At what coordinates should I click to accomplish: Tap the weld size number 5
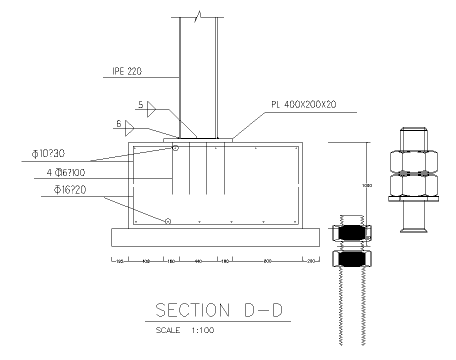[x=140, y=105]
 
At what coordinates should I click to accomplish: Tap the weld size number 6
[x=118, y=123]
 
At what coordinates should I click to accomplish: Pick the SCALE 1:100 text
[x=185, y=330]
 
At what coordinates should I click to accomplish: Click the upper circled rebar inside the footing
[x=175, y=148]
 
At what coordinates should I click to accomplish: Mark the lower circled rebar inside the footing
[x=168, y=221]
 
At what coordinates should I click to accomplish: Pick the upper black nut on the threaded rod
[x=351, y=233]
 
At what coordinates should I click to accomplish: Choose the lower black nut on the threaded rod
[x=351, y=258]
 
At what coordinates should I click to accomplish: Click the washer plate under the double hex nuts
[x=413, y=198]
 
